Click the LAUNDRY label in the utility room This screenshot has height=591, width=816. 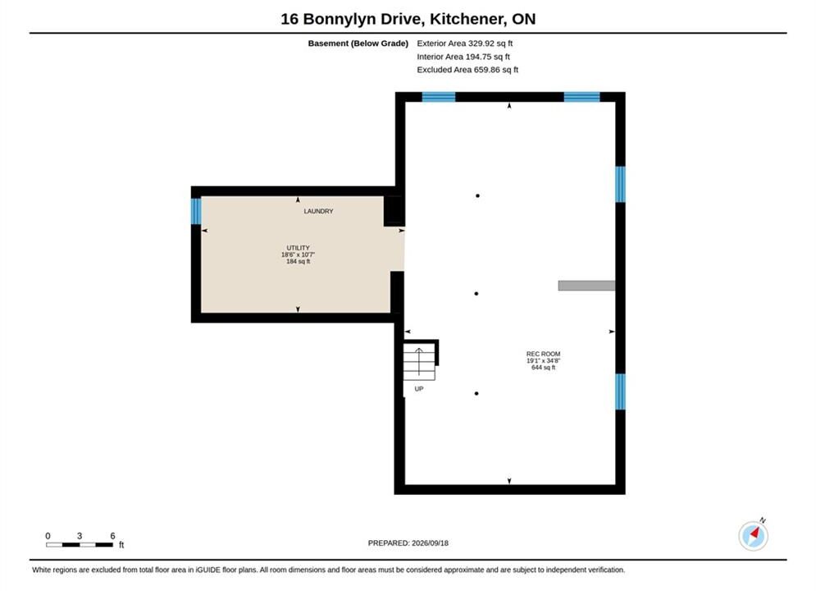(x=318, y=212)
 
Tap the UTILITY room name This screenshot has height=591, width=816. (x=299, y=248)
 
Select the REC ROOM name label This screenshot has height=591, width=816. (x=543, y=354)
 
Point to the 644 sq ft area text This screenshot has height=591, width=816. (x=543, y=368)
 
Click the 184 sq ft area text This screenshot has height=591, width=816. (x=299, y=261)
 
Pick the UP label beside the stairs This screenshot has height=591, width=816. (x=419, y=389)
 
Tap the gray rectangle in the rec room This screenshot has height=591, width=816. (x=586, y=286)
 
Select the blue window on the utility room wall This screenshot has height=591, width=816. (x=196, y=211)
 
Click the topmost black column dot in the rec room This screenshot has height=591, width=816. (x=478, y=196)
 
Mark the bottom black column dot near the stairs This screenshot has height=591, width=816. (x=476, y=394)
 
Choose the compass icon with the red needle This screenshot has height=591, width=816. (x=753, y=536)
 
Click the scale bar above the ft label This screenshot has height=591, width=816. (x=80, y=545)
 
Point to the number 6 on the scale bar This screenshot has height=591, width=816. (x=112, y=536)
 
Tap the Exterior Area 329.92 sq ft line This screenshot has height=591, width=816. (x=465, y=44)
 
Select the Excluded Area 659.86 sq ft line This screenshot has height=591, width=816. (x=467, y=69)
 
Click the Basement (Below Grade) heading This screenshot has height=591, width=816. (x=358, y=44)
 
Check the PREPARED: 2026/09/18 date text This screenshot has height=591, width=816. (x=408, y=543)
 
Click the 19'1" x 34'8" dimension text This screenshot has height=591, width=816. (x=543, y=361)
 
